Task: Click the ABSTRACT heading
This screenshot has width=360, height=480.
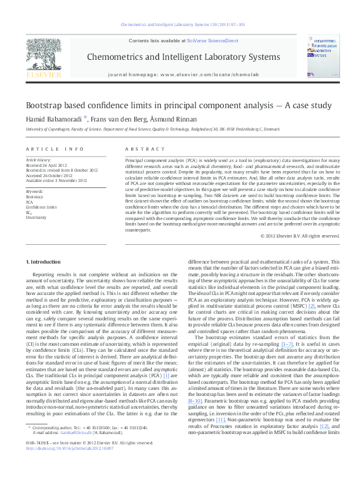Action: [137, 149]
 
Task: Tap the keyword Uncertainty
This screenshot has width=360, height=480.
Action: [36, 216]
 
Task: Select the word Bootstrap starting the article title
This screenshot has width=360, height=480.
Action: [42, 104]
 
